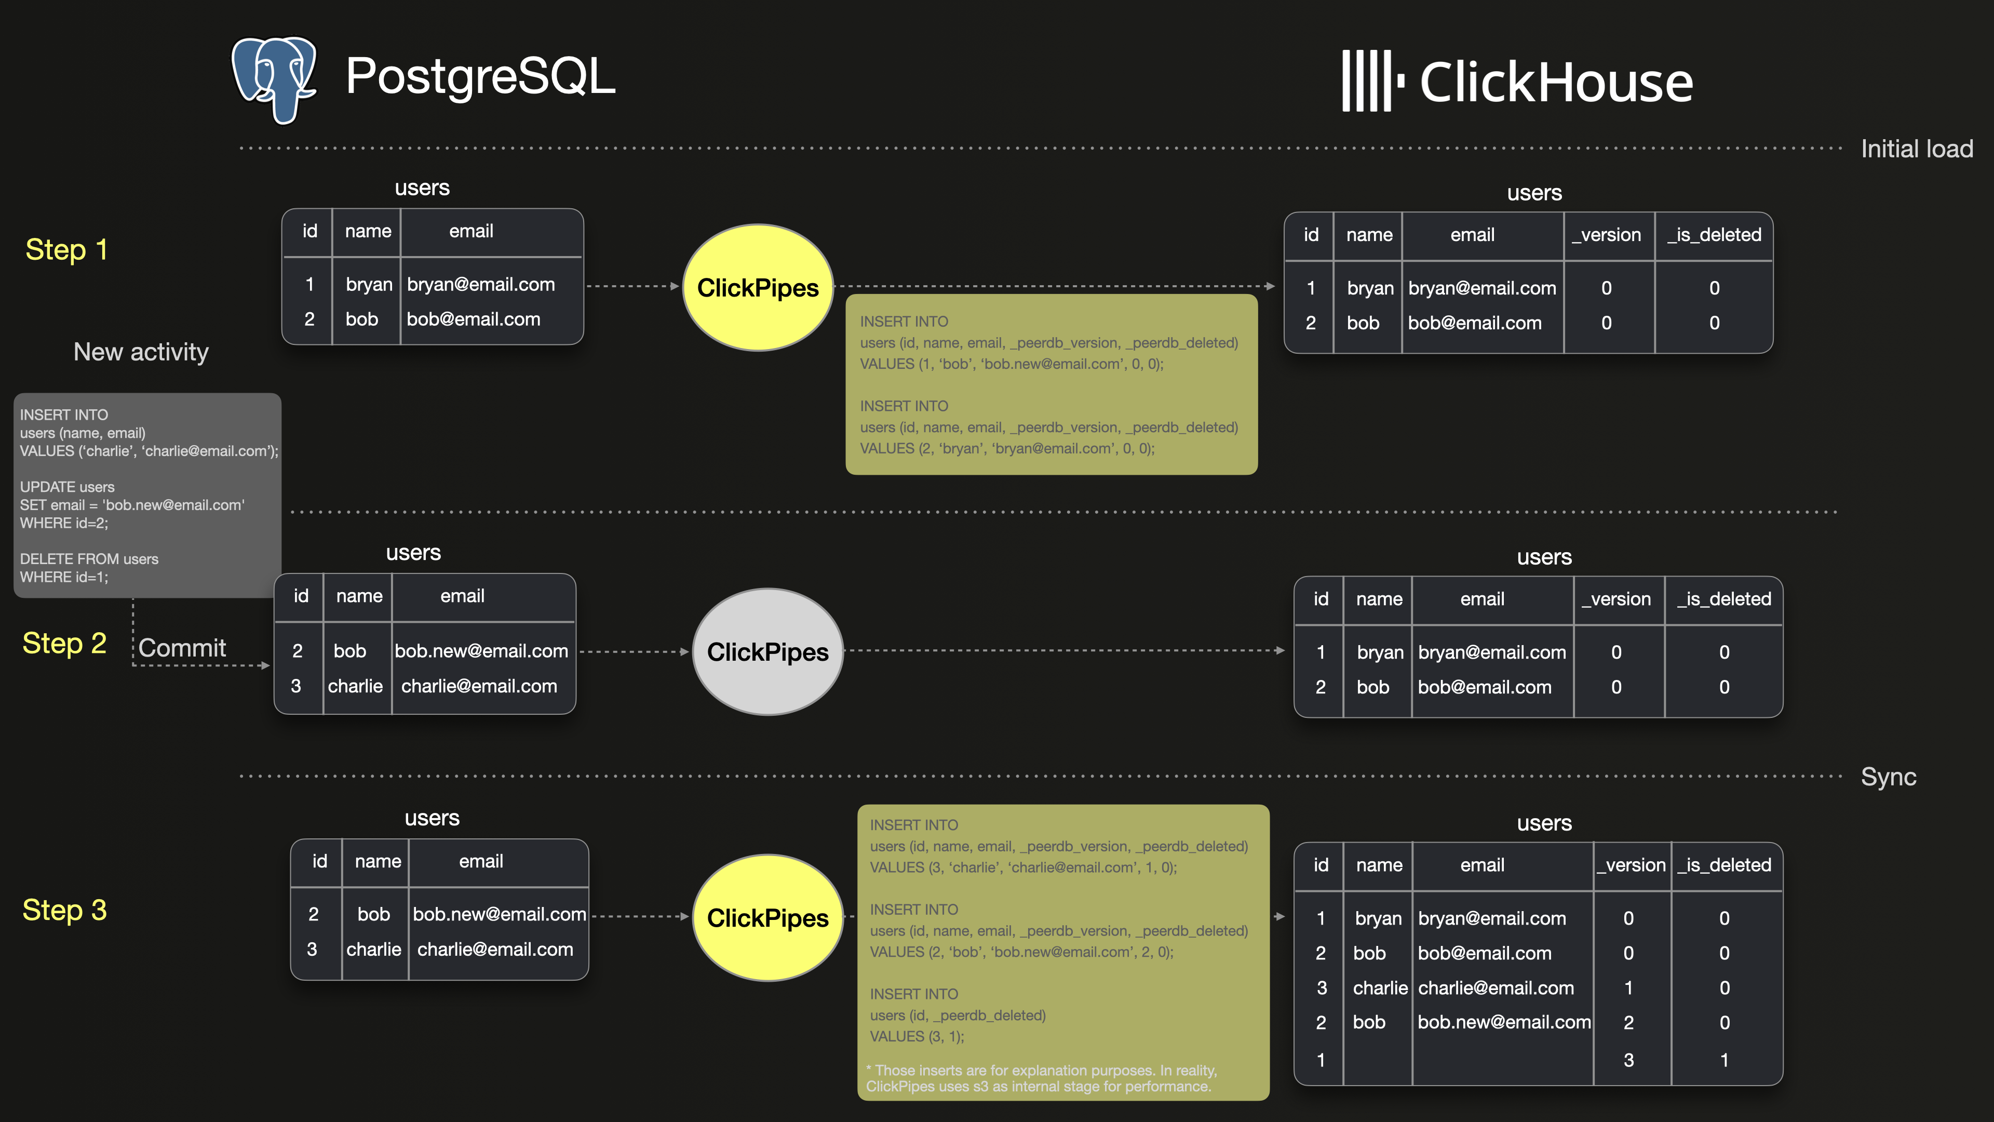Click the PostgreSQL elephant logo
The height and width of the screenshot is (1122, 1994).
(x=275, y=79)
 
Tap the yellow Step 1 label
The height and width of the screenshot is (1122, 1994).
(x=66, y=250)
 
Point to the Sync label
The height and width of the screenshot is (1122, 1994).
(x=1888, y=777)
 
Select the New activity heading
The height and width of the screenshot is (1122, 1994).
(x=141, y=352)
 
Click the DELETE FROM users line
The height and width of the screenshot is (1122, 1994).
(x=89, y=559)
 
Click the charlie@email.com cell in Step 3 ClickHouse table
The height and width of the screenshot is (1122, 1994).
(x=1495, y=988)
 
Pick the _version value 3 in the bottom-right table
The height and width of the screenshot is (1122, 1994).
(x=1628, y=1060)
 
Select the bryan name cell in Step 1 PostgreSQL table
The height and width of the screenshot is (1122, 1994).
(x=369, y=285)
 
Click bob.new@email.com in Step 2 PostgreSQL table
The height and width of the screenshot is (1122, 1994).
(x=481, y=651)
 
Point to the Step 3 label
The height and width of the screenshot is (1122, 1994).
(x=65, y=911)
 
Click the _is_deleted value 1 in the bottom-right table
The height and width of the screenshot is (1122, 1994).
(x=1724, y=1060)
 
